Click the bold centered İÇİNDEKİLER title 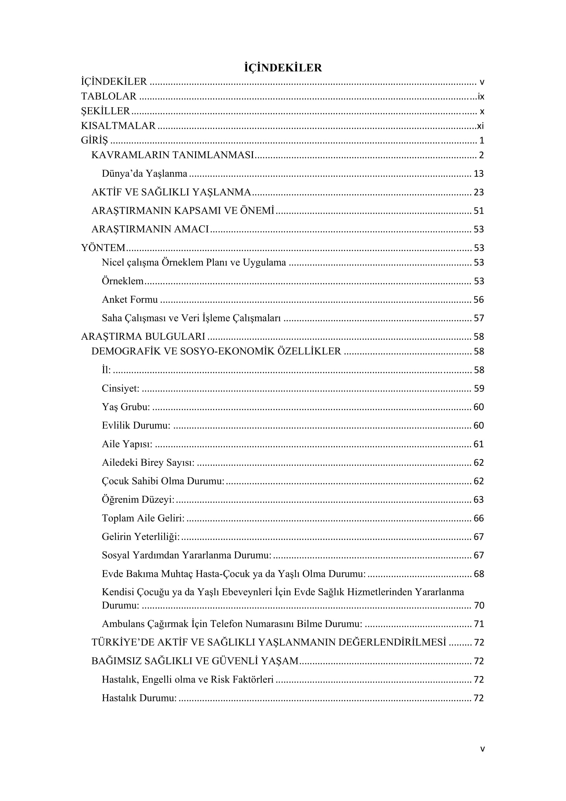click(283, 68)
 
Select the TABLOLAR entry click(109, 96)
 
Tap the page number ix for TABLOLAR click(480, 97)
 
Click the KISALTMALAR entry click(118, 126)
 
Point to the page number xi click(480, 126)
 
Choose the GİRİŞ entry click(94, 140)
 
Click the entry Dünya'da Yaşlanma click(144, 173)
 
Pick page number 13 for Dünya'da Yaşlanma click(478, 174)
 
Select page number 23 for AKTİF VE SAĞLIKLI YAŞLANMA click(478, 192)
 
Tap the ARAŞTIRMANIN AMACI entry click(150, 229)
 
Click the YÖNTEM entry click(103, 248)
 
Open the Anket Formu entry click(130, 299)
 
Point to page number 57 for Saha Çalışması click(478, 318)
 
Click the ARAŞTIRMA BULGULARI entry click(143, 336)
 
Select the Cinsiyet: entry click(120, 388)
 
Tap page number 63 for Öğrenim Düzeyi click(478, 500)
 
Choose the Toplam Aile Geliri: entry click(143, 518)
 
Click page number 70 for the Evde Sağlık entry click(479, 605)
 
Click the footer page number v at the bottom click(483, 749)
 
